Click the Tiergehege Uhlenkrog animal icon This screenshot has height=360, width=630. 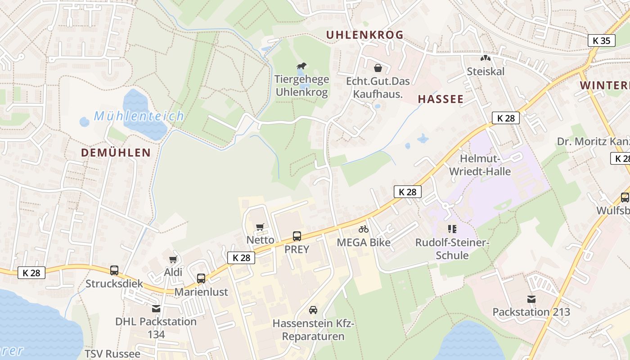pos(301,67)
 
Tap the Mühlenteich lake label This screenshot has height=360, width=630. pos(139,116)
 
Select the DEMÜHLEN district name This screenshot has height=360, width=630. pos(116,153)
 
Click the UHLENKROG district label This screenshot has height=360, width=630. pos(364,35)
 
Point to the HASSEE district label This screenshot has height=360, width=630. pos(441,99)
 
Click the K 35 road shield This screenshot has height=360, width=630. pos(602,40)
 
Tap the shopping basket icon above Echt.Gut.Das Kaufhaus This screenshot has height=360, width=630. pos(378,68)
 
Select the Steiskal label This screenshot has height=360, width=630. pos(486,72)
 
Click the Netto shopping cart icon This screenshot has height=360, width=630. pos(260,227)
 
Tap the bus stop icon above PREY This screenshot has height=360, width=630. pos(297,236)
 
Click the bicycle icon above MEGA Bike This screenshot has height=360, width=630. pos(364,229)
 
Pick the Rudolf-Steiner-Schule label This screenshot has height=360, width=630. pos(452,249)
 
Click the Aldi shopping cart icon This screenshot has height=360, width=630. pos(173,260)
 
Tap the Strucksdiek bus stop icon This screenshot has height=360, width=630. pos(114,270)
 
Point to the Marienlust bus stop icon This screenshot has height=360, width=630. pos(201,279)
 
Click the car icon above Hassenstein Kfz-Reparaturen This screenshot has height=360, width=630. pos(313,310)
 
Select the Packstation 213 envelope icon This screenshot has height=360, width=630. pos(531,299)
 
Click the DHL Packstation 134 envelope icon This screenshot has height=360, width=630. pos(156,309)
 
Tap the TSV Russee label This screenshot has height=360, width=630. pos(112,354)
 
